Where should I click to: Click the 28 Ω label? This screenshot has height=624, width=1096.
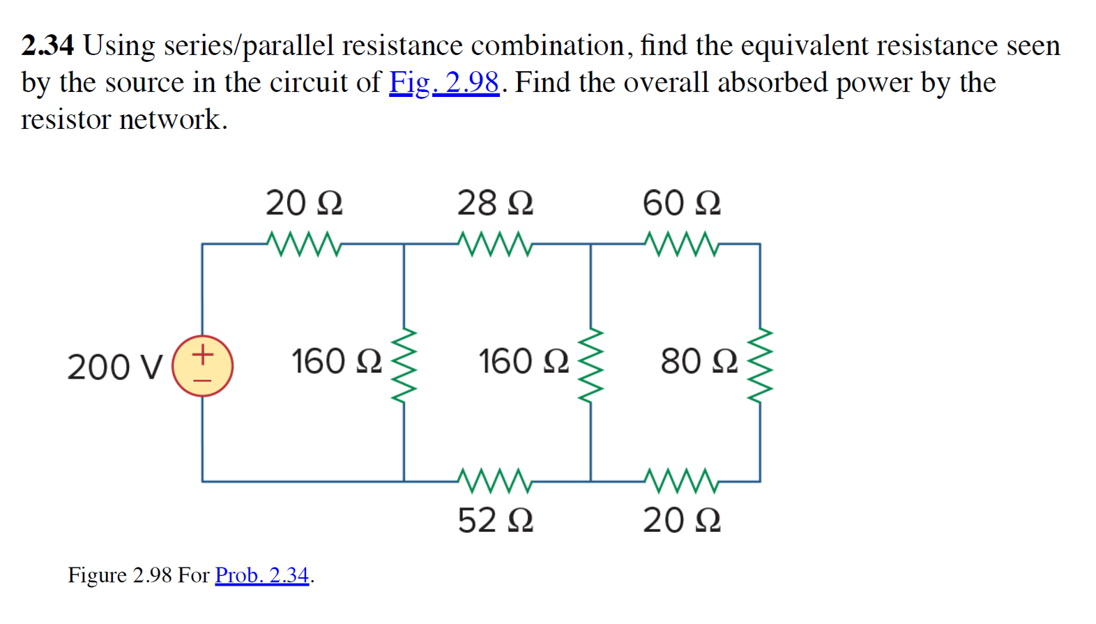(x=495, y=203)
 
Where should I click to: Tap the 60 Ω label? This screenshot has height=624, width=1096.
(x=681, y=203)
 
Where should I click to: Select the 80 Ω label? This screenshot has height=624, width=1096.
(x=699, y=361)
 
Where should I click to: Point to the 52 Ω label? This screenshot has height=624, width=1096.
(x=495, y=520)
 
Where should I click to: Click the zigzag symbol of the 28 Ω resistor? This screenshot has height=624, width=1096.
(x=495, y=244)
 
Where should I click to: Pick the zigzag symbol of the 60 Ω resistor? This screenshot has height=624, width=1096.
(x=681, y=244)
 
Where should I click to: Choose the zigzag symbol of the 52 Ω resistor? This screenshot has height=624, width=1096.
(x=495, y=480)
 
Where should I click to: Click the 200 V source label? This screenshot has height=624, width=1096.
(x=115, y=367)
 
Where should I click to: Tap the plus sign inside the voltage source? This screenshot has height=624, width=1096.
(x=202, y=354)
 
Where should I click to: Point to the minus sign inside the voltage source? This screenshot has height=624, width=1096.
(x=202, y=380)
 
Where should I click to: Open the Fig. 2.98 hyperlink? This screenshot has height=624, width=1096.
(x=444, y=82)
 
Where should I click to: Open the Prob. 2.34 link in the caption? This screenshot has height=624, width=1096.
(x=261, y=575)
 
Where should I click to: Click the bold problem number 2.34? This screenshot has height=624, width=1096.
(x=47, y=46)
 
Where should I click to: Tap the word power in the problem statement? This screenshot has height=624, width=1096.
(x=874, y=83)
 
